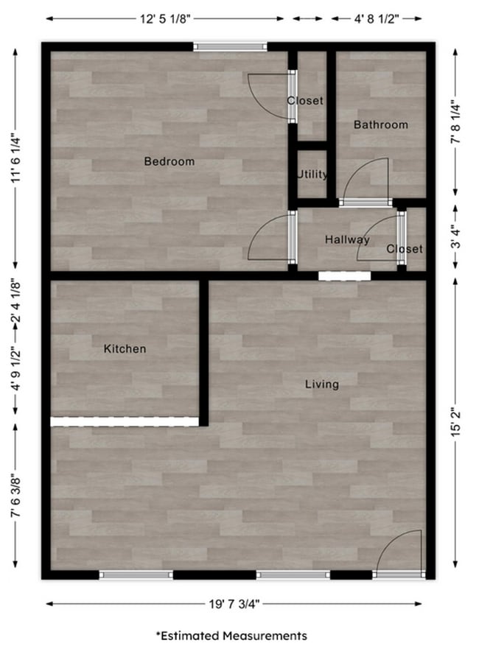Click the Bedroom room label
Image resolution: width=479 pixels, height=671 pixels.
pyautogui.click(x=169, y=161)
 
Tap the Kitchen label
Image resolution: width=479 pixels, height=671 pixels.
pyautogui.click(x=125, y=348)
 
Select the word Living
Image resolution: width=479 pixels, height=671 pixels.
pyautogui.click(x=322, y=384)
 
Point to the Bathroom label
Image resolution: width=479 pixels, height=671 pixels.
pyautogui.click(x=380, y=124)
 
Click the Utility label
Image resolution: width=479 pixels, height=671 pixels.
pyautogui.click(x=312, y=175)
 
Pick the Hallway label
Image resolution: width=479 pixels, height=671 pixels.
pyautogui.click(x=347, y=239)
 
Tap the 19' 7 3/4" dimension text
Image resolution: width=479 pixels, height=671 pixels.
pyautogui.click(x=234, y=604)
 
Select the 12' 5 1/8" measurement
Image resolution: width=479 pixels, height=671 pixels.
pyautogui.click(x=167, y=19)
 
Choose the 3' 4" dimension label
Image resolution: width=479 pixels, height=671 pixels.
pyautogui.click(x=458, y=240)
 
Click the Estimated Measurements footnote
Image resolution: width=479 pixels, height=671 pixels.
pyautogui.click(x=231, y=635)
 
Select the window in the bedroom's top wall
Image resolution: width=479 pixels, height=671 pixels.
pyautogui.click(x=231, y=47)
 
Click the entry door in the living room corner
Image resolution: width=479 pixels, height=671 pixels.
pyautogui.click(x=399, y=556)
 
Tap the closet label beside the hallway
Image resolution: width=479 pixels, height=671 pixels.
pyautogui.click(x=405, y=249)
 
